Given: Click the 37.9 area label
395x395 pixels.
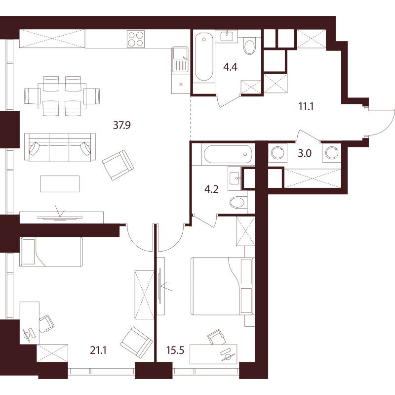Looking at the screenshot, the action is point(122,125).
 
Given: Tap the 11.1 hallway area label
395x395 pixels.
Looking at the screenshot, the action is point(306,106).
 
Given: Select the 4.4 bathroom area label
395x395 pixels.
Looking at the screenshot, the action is point(230,67).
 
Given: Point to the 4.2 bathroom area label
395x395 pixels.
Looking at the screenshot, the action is point(211,189).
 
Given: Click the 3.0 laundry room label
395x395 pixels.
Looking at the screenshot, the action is point(305,153).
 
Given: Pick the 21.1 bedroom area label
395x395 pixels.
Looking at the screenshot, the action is point(98,350).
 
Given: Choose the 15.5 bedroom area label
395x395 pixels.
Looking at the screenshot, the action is point(175,350).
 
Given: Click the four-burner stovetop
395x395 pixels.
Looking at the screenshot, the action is point(136,39).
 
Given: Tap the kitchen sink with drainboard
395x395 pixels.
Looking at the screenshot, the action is point(180,59).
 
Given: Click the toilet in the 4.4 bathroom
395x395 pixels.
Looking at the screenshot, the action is point(250,46).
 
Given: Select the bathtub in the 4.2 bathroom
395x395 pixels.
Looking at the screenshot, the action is point(228,154).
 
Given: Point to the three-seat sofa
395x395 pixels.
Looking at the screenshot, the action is point(60,147).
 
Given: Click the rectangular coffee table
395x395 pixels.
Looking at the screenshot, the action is point(60,184).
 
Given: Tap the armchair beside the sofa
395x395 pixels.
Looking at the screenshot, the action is point(118,165).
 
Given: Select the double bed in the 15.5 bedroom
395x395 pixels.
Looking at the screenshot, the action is point(222,286).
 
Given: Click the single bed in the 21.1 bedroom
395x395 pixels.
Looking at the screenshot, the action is point(52,252).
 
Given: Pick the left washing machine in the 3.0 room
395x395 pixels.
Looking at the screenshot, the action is point(277,153).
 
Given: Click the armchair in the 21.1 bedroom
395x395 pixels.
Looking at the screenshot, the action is point(137,342).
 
